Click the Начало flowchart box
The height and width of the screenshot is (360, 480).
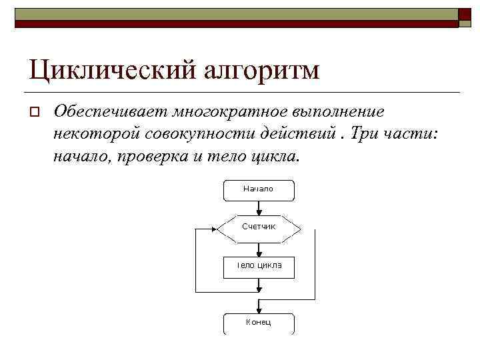pyautogui.click(x=258, y=190)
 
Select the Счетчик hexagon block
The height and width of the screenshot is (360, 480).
pyautogui.click(x=258, y=227)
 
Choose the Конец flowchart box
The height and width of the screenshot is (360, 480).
pyautogui.click(x=258, y=323)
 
